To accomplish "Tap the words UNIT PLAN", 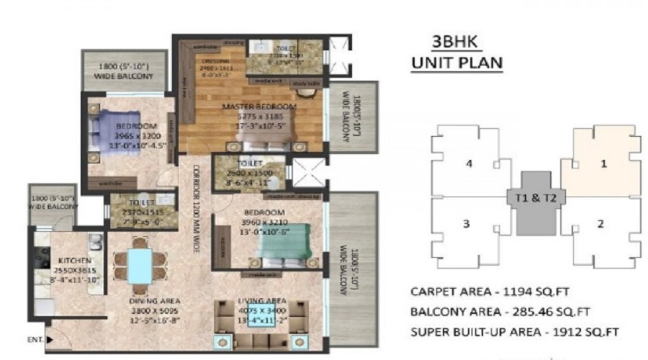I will click(x=456, y=63).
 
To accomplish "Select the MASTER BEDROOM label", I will click(x=250, y=108).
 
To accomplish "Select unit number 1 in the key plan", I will click(x=603, y=163).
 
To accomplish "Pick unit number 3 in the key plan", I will click(x=466, y=224).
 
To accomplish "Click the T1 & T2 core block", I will click(x=535, y=197).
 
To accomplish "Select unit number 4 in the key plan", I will click(x=469, y=163).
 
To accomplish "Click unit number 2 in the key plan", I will click(x=600, y=224).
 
